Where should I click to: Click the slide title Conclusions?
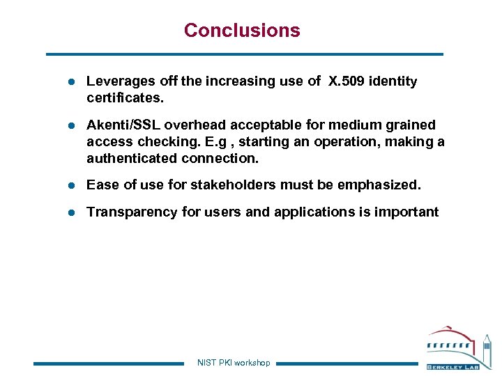242,31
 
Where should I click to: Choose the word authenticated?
132,158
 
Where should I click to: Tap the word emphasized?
381,185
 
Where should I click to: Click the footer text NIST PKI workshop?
234,363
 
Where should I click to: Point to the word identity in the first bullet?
393,81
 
